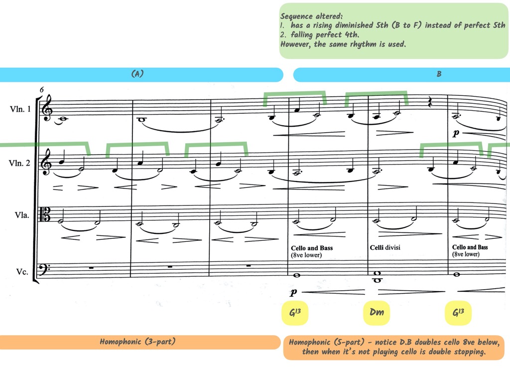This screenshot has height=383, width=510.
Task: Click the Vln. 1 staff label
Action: (20, 109)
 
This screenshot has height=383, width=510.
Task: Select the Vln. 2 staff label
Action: (20, 162)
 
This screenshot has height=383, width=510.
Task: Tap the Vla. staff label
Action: (22, 216)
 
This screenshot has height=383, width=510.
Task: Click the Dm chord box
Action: (377, 313)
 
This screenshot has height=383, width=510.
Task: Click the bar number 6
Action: (42, 90)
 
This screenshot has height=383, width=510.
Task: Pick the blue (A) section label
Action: (137, 74)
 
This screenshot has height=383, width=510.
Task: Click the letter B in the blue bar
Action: (439, 74)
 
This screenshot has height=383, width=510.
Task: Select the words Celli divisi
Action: (385, 247)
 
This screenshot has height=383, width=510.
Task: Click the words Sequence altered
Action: (311, 16)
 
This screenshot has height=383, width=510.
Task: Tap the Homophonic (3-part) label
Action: (137, 342)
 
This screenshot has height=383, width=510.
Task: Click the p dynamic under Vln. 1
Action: (456, 134)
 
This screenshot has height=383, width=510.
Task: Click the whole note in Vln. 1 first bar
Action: (63, 119)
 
